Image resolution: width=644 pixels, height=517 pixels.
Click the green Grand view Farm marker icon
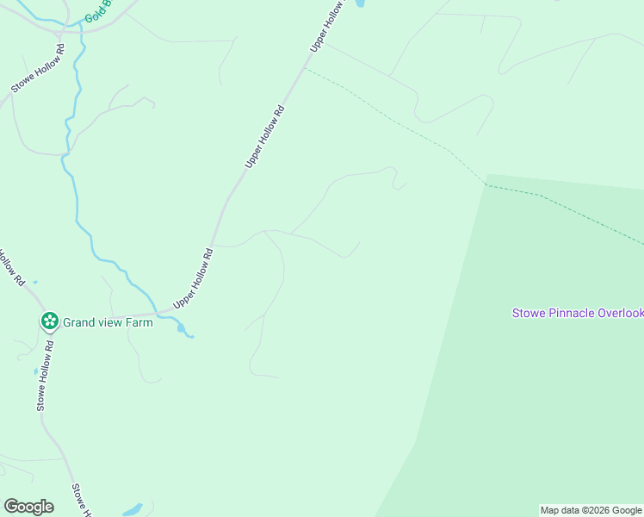(x=49, y=322)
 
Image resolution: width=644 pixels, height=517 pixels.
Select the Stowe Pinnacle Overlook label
(x=578, y=313)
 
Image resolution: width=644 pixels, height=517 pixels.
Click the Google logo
(x=28, y=507)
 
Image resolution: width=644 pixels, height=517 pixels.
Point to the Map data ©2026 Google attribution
(x=591, y=510)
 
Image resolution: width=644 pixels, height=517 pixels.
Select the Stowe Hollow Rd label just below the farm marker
(x=45, y=375)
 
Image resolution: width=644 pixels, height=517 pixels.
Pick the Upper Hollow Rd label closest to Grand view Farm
(x=194, y=278)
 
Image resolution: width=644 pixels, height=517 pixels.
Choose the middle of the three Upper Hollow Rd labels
(x=265, y=136)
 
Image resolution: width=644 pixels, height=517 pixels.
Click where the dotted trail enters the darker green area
(x=486, y=184)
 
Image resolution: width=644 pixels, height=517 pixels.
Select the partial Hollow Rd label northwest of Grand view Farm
(x=11, y=266)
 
